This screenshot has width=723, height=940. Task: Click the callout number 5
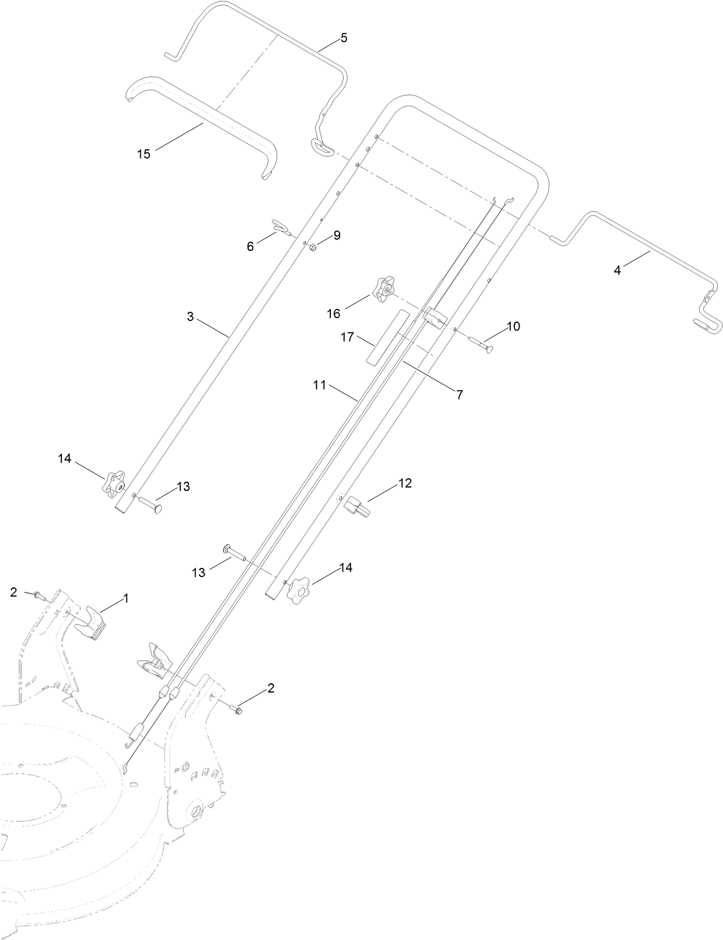pos(344,38)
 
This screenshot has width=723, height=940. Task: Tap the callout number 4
pos(617,270)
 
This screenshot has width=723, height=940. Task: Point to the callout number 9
pos(337,235)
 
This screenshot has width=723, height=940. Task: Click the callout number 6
pos(250,246)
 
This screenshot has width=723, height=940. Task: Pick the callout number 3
pos(190,316)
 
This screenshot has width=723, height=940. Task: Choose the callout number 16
pos(333,314)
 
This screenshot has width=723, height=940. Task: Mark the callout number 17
pos(347,337)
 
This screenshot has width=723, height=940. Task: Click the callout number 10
pos(513,326)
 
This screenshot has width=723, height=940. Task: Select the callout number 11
pos(320,385)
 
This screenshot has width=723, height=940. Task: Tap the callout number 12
pos(405,483)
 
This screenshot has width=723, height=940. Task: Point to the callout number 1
pos(126,598)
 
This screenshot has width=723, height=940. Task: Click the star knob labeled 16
pos(383,290)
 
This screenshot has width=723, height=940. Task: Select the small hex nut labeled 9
pos(313,247)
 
